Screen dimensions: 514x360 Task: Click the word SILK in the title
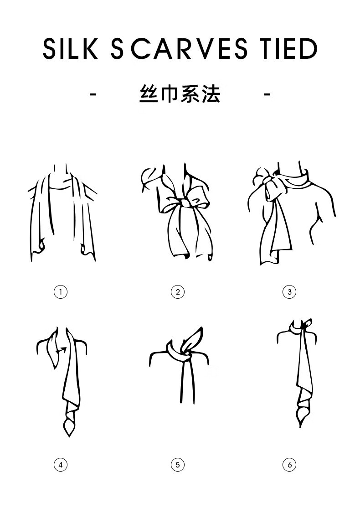[x=70, y=49]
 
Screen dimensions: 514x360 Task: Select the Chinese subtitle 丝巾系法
[x=180, y=94]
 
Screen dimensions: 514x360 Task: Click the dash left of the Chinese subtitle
[x=93, y=94]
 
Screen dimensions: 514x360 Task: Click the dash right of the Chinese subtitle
[x=267, y=94]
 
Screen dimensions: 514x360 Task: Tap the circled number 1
[x=61, y=291]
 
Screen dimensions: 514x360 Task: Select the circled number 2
[x=178, y=291]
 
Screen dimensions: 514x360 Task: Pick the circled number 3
[x=289, y=291]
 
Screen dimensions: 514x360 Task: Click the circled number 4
[x=61, y=465]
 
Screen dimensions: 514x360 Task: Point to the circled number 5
[x=178, y=465]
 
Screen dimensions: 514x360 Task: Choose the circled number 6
[x=289, y=465]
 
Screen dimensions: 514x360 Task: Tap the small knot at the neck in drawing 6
[x=307, y=324]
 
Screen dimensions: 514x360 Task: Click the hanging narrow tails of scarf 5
[x=185, y=383]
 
